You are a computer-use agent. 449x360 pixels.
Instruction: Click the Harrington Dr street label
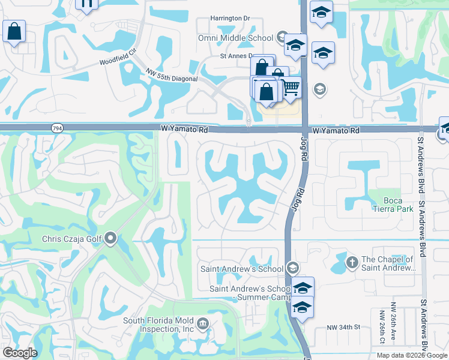[x=230, y=18]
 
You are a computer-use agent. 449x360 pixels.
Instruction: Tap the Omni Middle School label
[x=236, y=38]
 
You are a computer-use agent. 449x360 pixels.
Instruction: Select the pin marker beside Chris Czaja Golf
[x=110, y=239]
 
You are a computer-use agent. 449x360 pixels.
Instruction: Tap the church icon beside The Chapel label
[x=352, y=262]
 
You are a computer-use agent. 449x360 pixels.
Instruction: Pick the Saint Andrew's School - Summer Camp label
[x=249, y=293]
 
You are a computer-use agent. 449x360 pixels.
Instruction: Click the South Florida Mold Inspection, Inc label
[x=158, y=325]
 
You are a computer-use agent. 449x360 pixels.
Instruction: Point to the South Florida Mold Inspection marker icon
[x=203, y=325]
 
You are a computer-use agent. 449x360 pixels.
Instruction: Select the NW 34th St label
[x=343, y=327]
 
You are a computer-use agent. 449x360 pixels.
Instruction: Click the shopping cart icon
[x=291, y=88]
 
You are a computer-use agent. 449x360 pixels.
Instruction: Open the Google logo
[x=20, y=353]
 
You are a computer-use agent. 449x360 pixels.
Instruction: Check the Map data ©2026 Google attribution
[x=412, y=355]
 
